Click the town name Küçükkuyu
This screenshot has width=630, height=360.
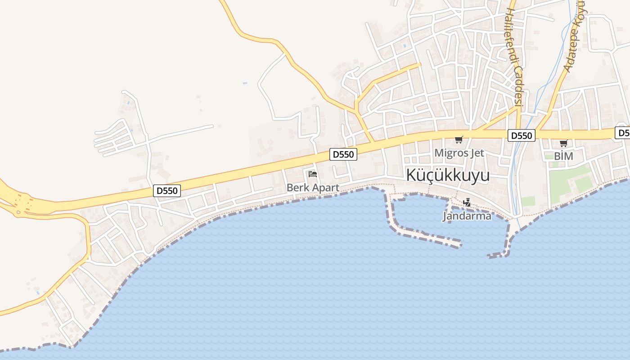(448, 175)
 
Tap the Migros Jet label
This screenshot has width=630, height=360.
(459, 153)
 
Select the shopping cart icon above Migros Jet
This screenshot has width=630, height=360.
(459, 140)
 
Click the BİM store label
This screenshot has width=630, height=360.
(563, 156)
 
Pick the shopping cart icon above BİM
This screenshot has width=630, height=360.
(563, 144)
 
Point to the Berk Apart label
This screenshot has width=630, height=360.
(313, 188)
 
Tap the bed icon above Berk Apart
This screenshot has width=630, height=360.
(313, 174)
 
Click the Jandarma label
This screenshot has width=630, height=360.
(467, 216)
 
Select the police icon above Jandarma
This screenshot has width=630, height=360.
(467, 203)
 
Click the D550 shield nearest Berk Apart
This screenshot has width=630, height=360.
(343, 154)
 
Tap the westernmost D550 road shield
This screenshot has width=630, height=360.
(167, 191)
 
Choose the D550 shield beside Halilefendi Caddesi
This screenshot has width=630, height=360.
(521, 135)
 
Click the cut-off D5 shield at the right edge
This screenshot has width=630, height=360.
(623, 133)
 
